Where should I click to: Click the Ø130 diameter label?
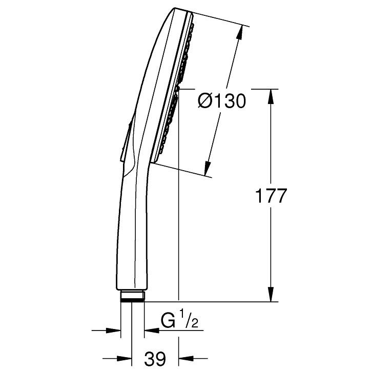click(x=222, y=101)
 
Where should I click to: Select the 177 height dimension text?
click(x=271, y=196)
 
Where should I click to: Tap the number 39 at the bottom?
click(x=155, y=359)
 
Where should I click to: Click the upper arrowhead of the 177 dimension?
click(x=271, y=96)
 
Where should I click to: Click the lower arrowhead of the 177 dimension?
click(x=271, y=294)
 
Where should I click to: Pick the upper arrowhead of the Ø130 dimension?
click(x=240, y=31)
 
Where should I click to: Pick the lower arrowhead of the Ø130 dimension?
click(x=208, y=168)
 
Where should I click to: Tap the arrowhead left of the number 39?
click(x=124, y=359)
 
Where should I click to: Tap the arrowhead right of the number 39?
click(x=187, y=359)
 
